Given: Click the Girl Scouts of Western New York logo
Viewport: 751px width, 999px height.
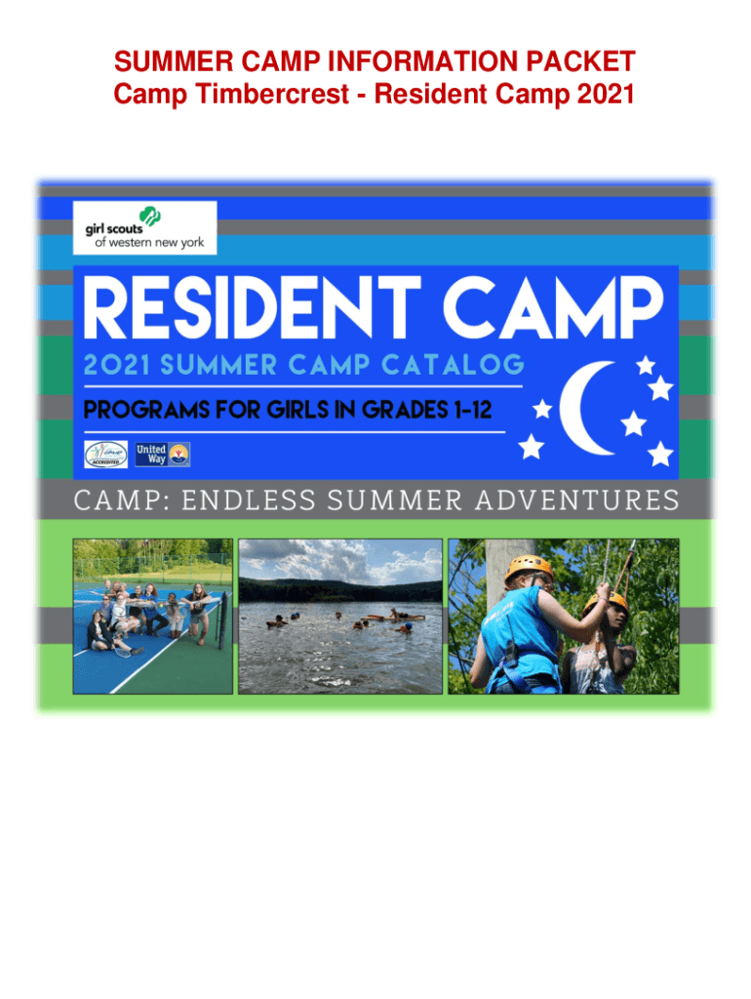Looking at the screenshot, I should (145, 228).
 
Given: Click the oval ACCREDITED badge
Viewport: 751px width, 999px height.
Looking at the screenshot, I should (104, 454).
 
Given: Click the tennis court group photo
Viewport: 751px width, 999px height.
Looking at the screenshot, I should (153, 616).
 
